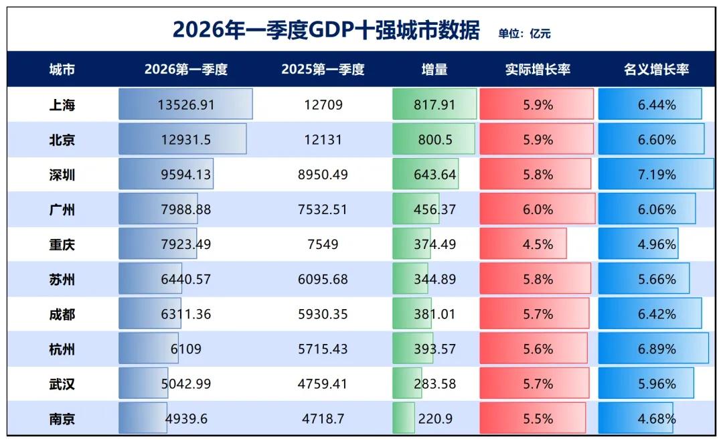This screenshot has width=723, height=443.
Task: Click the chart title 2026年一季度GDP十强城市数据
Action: click(x=326, y=30)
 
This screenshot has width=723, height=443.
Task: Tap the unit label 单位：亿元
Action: click(x=524, y=33)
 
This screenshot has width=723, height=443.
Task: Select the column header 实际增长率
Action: click(x=538, y=70)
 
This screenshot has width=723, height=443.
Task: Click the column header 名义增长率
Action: click(x=656, y=70)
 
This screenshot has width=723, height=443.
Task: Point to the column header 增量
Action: click(x=434, y=70)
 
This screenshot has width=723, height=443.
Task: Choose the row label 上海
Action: click(x=62, y=105)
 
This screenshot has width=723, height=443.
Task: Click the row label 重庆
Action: click(x=62, y=244)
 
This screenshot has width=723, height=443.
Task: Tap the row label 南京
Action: click(x=62, y=419)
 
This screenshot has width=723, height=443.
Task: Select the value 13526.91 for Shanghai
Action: click(x=186, y=105)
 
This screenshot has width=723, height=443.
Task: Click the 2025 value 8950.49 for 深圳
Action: click(x=323, y=175)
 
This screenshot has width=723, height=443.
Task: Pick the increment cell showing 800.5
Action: click(x=434, y=140)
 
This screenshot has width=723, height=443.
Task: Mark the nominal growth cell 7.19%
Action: click(x=656, y=175)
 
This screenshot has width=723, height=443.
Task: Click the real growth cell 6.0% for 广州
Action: click(x=538, y=209)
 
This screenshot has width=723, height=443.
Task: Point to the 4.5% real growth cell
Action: click(x=538, y=244)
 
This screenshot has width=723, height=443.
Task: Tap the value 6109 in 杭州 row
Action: click(x=186, y=349)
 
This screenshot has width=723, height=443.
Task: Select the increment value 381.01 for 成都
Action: click(x=434, y=315)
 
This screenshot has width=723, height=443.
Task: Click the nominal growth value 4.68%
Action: click(x=656, y=419)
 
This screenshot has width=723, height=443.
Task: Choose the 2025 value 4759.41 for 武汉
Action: click(x=323, y=384)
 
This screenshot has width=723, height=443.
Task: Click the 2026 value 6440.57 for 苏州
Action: click(x=186, y=280)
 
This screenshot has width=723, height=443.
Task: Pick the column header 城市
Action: click(x=62, y=70)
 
